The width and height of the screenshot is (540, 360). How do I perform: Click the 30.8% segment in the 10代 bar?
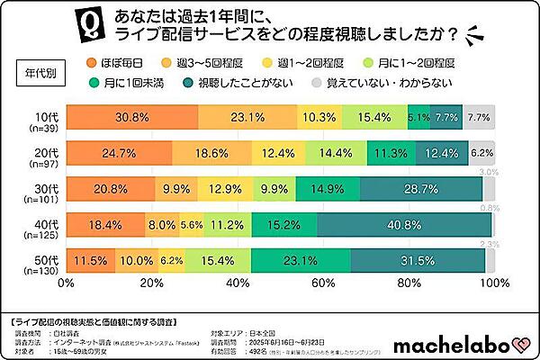[x=131, y=117]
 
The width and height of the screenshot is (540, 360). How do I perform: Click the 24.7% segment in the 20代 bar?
[x=118, y=153]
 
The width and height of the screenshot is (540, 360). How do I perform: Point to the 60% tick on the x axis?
[x=322, y=283]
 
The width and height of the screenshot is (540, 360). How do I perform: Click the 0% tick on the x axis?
[x=66, y=283]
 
